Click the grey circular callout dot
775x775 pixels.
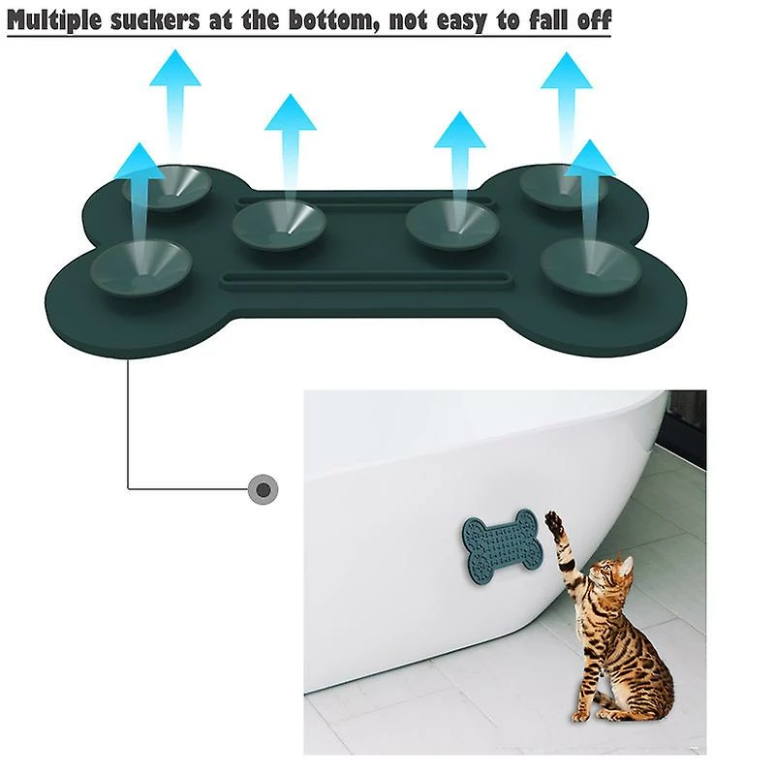point(263,489)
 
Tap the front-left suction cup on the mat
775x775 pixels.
point(139,265)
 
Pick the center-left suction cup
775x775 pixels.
point(278,224)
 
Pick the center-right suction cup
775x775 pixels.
point(451,224)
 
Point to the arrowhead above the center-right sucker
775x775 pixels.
point(459,130)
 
